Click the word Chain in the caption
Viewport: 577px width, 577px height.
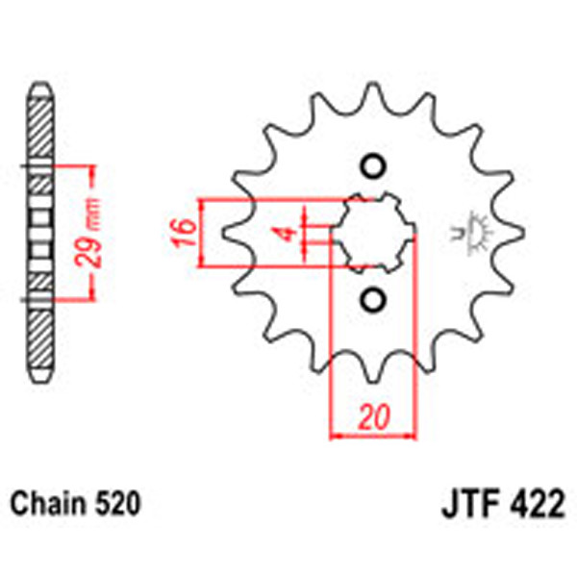(47, 502)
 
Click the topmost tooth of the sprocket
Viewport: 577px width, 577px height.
(373, 93)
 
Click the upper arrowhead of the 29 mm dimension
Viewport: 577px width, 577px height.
(93, 173)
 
